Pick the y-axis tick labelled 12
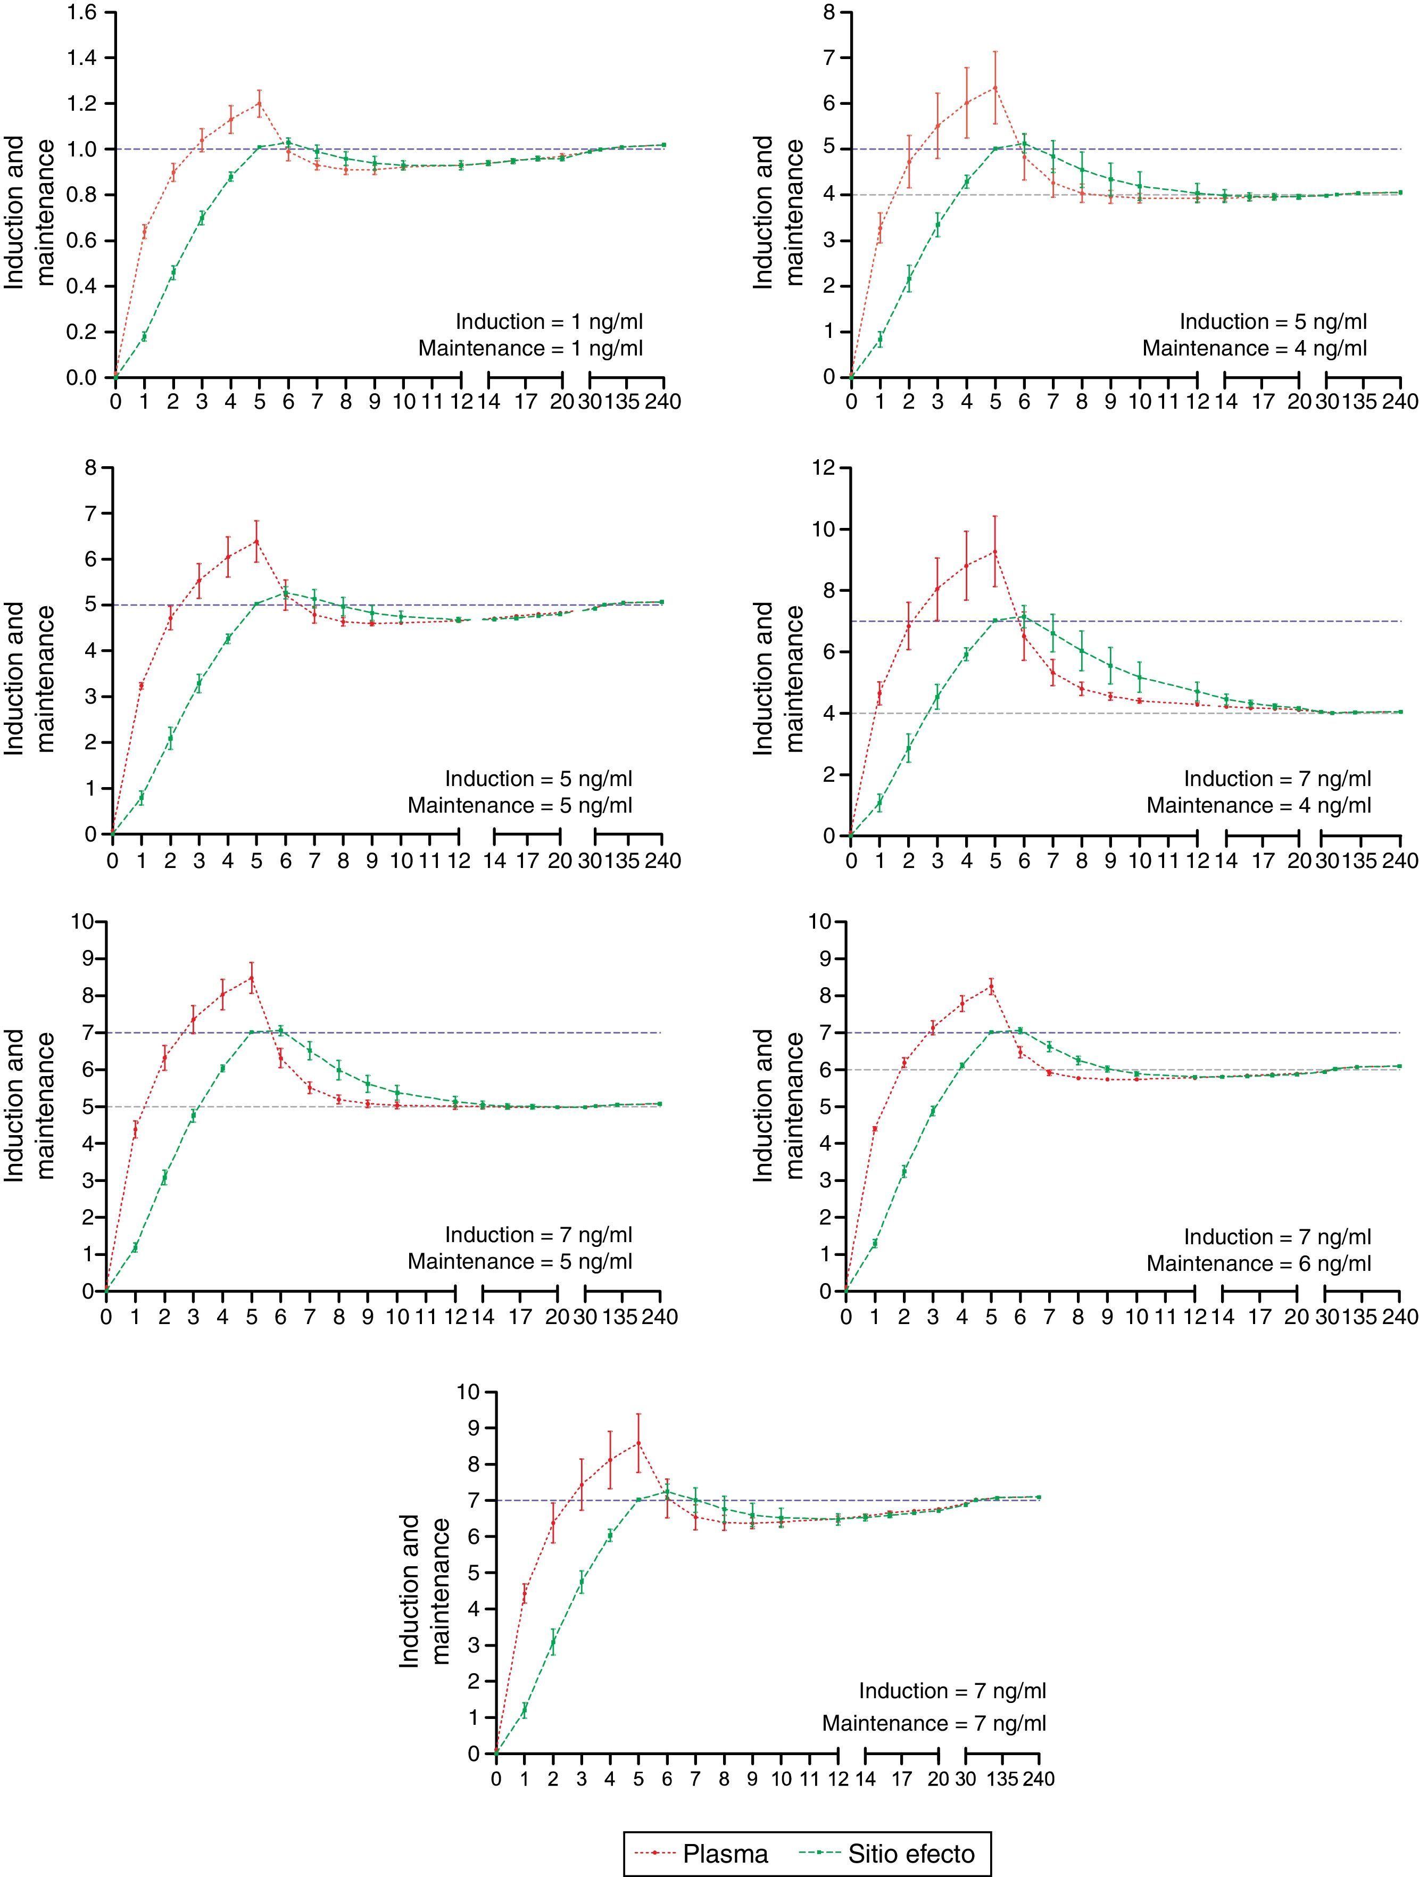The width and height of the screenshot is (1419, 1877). tap(825, 468)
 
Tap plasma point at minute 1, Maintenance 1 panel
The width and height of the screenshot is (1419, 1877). tap(144, 230)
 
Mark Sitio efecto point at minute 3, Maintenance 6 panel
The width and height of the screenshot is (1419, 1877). tap(933, 1111)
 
